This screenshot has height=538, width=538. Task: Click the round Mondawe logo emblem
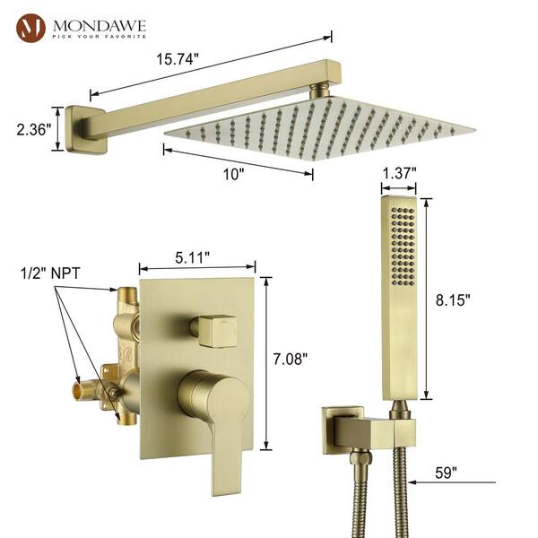30,28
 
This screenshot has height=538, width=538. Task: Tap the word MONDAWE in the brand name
100,25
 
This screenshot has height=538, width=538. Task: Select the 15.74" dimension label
178,59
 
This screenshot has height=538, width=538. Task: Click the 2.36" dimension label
34,130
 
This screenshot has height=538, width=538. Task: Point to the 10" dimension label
233,174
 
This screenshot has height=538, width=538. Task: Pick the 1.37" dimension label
399,173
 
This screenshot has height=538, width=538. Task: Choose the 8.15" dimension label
453,299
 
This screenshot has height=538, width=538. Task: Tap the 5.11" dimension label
192,257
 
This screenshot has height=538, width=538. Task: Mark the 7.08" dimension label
291,360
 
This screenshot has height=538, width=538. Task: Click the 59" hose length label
446,473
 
